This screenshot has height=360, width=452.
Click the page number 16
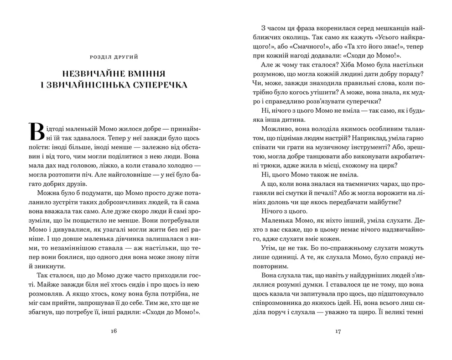click(114, 331)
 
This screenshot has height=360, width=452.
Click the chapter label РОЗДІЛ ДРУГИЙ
click(114, 57)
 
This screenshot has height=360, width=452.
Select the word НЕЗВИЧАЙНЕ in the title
click(91, 73)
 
